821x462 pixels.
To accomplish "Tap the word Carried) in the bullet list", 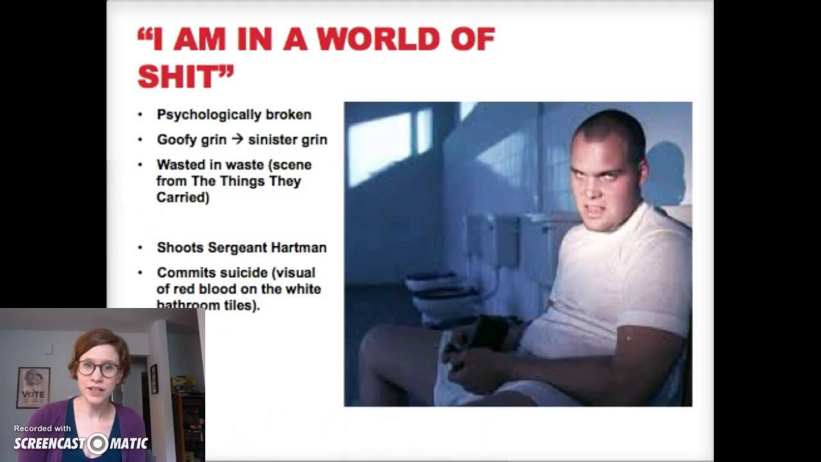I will tap(183, 198).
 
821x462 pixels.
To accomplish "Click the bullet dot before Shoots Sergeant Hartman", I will tap(140, 248).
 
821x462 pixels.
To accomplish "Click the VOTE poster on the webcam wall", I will tap(33, 387).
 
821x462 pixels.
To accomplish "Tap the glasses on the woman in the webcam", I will tap(99, 369).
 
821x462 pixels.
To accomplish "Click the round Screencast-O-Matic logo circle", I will tap(98, 443).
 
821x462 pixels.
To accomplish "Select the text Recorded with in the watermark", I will tap(42, 429).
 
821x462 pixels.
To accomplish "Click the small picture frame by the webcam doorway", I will tap(154, 379).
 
